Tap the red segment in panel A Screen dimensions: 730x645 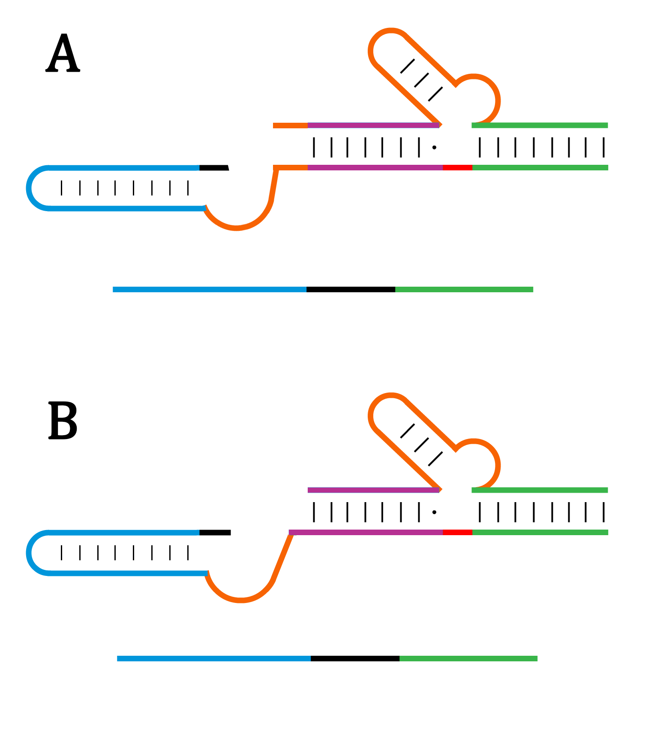pyautogui.click(x=457, y=167)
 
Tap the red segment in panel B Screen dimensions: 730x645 pyautogui.click(x=457, y=532)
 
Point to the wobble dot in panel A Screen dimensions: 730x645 pyautogui.click(x=434, y=148)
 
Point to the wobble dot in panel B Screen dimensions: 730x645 pyautogui.click(x=434, y=512)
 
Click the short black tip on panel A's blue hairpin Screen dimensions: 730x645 pyautogui.click(x=214, y=167)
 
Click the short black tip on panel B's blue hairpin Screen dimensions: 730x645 pyautogui.click(x=215, y=533)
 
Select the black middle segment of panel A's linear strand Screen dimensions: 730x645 pyautogui.click(x=351, y=290)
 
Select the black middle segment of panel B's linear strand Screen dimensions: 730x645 pyautogui.click(x=355, y=659)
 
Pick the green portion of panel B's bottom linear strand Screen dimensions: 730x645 pyautogui.click(x=468, y=659)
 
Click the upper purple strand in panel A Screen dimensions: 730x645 pyautogui.click(x=373, y=125)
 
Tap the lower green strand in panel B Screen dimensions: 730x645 pyautogui.click(x=540, y=532)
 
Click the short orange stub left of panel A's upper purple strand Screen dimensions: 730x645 pyautogui.click(x=290, y=126)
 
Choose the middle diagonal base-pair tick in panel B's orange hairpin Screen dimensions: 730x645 pyautogui.click(x=422, y=445)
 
